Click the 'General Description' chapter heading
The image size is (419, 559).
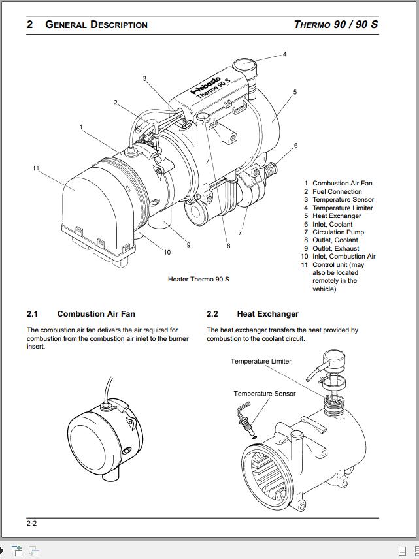click(96, 25)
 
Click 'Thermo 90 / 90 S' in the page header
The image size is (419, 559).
click(335, 25)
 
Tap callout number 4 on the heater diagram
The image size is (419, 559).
click(284, 54)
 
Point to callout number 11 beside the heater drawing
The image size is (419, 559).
click(36, 168)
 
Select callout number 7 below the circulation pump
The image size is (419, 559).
click(240, 232)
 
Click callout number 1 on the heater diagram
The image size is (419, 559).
click(81, 127)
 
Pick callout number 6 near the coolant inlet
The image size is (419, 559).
click(295, 146)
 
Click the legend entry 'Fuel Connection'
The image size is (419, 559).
click(337, 192)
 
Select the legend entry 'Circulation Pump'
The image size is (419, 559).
click(338, 232)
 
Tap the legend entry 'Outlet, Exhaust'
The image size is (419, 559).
click(335, 249)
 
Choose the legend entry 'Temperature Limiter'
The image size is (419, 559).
click(343, 208)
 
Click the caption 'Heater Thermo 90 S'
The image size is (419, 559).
click(199, 279)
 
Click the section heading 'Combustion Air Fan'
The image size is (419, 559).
click(96, 314)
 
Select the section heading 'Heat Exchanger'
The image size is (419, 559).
click(267, 314)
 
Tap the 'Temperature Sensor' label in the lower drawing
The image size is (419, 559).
click(264, 394)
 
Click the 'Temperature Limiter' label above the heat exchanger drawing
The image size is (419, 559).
click(261, 361)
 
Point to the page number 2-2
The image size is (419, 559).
click(31, 523)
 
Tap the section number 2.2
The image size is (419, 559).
click(212, 314)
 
